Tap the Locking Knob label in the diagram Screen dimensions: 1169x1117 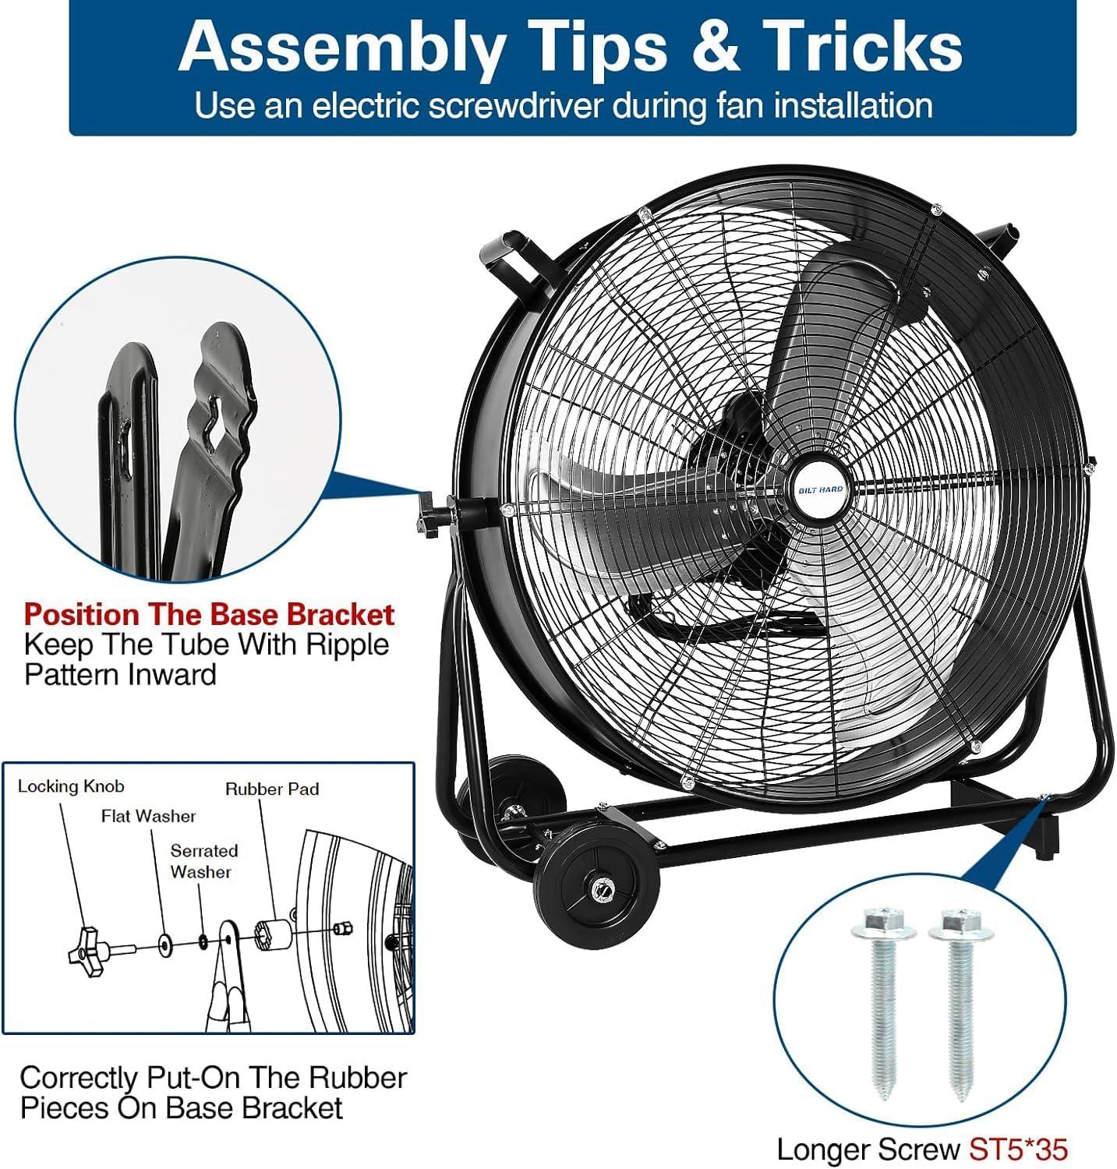tap(70, 786)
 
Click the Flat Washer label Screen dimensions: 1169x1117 tap(148, 816)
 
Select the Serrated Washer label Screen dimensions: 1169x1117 tap(203, 861)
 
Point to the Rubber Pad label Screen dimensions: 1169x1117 tap(272, 789)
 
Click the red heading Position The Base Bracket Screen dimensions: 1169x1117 tap(209, 615)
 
